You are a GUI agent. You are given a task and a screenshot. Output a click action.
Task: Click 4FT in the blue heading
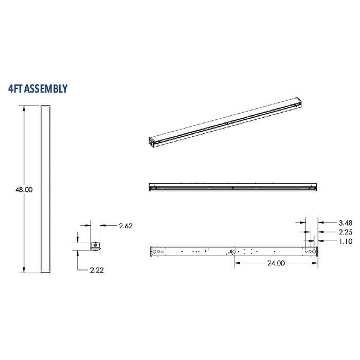pyautogui.click(x=15, y=89)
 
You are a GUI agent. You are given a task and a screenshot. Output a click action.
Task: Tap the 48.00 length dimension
pyautogui.click(x=24, y=189)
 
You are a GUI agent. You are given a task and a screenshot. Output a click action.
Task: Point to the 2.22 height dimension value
pyautogui.click(x=97, y=270)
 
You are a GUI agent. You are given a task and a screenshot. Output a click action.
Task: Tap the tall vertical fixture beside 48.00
pyautogui.click(x=45, y=189)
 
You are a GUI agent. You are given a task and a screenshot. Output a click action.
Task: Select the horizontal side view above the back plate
pyautogui.click(x=232, y=187)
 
